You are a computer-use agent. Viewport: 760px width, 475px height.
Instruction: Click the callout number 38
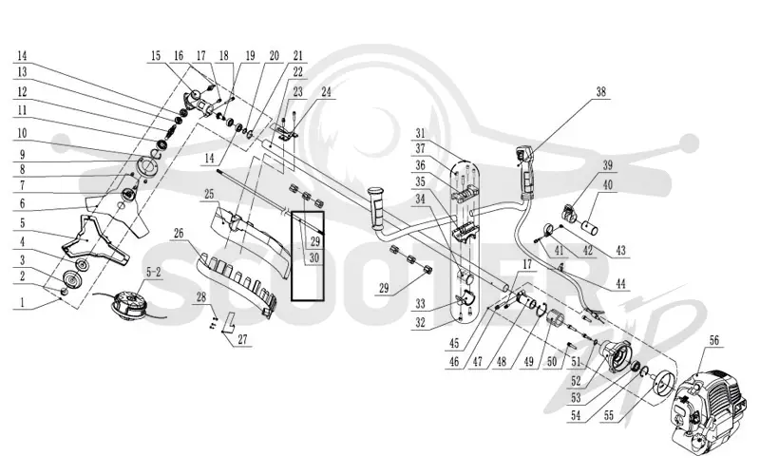pyautogui.click(x=600, y=91)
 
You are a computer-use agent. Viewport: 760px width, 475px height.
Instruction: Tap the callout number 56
pyautogui.click(x=714, y=340)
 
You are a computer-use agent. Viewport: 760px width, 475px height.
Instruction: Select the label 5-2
pyautogui.click(x=153, y=273)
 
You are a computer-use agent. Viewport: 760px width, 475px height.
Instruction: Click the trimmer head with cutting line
pyautogui.click(x=128, y=305)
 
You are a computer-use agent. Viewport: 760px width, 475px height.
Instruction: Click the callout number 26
pyautogui.click(x=179, y=233)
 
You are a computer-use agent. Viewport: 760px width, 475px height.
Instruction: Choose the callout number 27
pyautogui.click(x=242, y=339)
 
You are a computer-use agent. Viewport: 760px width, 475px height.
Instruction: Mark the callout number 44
pyautogui.click(x=620, y=283)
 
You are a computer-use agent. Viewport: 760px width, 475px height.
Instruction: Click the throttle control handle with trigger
pyautogui.click(x=525, y=173)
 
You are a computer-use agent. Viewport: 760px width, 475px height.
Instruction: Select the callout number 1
pyautogui.click(x=22, y=302)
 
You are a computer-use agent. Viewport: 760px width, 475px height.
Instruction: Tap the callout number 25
pyautogui.click(x=209, y=195)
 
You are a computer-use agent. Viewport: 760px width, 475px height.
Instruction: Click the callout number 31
pyautogui.click(x=420, y=133)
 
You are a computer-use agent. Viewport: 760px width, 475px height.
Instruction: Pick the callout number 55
pyautogui.click(x=608, y=415)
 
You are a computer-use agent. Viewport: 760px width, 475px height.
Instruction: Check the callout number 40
pyautogui.click(x=607, y=184)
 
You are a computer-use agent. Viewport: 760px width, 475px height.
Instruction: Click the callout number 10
pyautogui.click(x=22, y=133)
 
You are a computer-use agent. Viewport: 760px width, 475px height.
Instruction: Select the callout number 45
pyautogui.click(x=454, y=343)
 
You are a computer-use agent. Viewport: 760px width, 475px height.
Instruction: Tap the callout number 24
pyautogui.click(x=326, y=91)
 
